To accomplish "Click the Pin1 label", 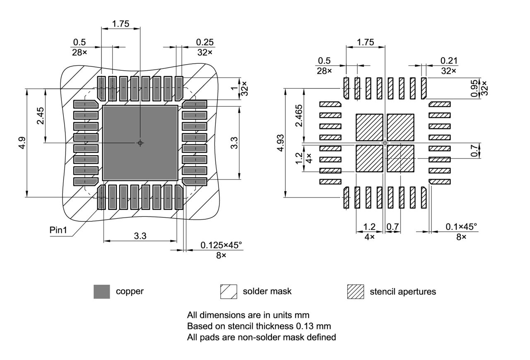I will [58, 230].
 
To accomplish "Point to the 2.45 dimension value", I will [40, 115].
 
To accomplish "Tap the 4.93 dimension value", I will [281, 143].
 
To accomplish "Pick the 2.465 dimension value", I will [299, 116].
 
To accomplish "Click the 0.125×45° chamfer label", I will [221, 245].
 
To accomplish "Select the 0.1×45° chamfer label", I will [461, 227].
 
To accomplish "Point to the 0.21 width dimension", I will [449, 61].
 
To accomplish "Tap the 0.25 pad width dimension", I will [205, 42].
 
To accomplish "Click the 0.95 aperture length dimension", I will [475, 88].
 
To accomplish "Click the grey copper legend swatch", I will [102, 292].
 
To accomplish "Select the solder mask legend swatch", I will [229, 292].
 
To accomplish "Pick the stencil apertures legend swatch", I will [355, 292].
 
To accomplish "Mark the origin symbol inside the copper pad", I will [140, 143].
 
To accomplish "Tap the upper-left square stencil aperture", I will [369, 127].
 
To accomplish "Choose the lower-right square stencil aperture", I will [400, 158].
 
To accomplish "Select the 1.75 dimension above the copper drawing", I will [120, 24].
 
